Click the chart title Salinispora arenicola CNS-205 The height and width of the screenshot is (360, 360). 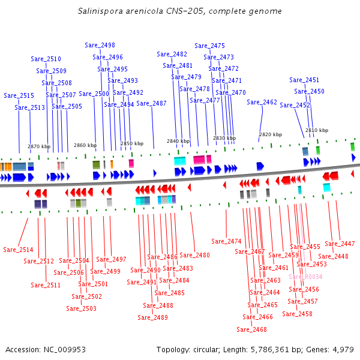pyautogui.click(x=180, y=11)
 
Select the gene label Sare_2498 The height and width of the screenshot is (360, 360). pyautogui.click(x=100, y=45)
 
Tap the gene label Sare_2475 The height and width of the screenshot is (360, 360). pyautogui.click(x=210, y=46)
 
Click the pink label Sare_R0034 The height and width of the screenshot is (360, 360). pyautogui.click(x=305, y=277)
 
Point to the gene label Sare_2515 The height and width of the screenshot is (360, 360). pyautogui.click(x=19, y=95)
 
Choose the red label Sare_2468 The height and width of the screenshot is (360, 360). pyautogui.click(x=251, y=329)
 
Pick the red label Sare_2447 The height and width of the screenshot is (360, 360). pyautogui.click(x=340, y=244)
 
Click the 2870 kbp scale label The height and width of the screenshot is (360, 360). pyautogui.click(x=39, y=146)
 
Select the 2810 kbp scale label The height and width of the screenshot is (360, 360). pyautogui.click(x=317, y=130)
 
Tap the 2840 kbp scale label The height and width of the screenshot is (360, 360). pyautogui.click(x=178, y=141)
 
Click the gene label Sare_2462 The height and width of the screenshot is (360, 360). pyautogui.click(x=262, y=102)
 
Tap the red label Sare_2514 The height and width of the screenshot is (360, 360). pyautogui.click(x=18, y=250)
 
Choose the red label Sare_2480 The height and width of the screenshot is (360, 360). pyautogui.click(x=195, y=255)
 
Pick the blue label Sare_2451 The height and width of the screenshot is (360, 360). pyautogui.click(x=304, y=80)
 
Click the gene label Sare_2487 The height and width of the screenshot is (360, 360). pyautogui.click(x=152, y=103)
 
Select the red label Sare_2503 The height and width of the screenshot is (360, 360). pyautogui.click(x=81, y=308)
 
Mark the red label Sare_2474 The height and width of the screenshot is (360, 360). pyautogui.click(x=226, y=241)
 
